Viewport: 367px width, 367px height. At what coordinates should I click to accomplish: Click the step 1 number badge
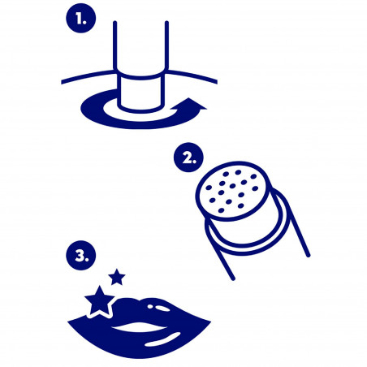pos(81,19)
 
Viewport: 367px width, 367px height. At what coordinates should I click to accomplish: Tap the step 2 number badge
pos(188,158)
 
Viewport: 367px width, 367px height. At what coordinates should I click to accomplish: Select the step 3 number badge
pos(81,255)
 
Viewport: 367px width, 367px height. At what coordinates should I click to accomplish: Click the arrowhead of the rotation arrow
pos(192,106)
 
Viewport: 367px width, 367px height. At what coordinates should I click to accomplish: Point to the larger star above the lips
pos(99,301)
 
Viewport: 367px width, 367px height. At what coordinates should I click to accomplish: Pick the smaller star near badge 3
pos(117,278)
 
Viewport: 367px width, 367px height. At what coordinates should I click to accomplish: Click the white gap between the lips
pos(139,327)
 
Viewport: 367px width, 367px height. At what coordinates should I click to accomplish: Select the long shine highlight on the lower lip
pos(163,339)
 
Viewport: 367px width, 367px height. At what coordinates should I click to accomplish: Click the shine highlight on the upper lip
pos(160,308)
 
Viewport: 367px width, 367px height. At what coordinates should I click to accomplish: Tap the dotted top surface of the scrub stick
pos(232,192)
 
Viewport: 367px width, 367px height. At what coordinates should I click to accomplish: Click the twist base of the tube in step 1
pos(140,92)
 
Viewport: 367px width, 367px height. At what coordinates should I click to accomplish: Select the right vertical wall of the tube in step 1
pos(166,45)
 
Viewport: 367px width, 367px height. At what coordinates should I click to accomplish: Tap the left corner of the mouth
pos(69,322)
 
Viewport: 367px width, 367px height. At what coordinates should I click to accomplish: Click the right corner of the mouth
pos(209,322)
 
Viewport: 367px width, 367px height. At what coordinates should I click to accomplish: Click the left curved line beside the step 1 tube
pos(88,76)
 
